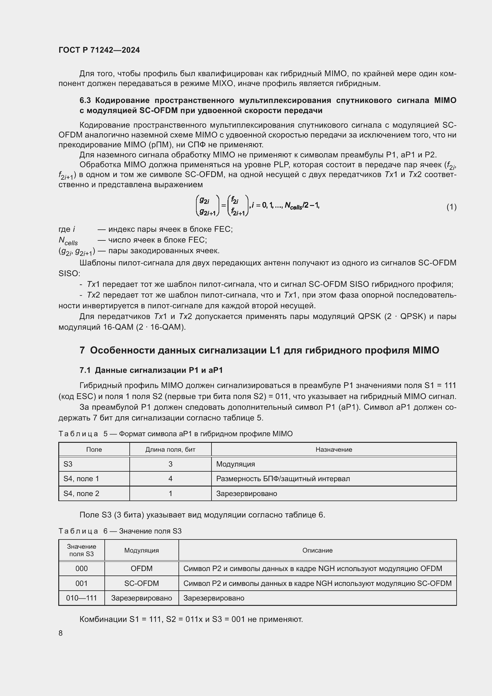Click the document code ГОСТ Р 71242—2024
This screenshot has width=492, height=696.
click(99, 50)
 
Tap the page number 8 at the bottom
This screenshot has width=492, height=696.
click(61, 633)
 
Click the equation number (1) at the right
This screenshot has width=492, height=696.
click(451, 207)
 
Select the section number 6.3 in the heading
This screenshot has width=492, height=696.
click(85, 100)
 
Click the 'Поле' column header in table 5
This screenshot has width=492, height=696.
click(94, 449)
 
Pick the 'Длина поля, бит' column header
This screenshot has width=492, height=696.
click(170, 449)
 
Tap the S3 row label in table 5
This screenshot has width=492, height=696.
click(68, 464)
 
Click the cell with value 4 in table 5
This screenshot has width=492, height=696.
click(170, 478)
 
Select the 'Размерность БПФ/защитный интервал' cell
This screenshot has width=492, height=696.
click(283, 478)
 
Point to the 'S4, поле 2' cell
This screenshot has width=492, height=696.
click(81, 493)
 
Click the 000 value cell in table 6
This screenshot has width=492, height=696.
click(82, 568)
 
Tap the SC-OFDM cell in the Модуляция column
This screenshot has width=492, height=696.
click(142, 583)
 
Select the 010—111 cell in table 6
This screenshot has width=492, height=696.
click(82, 598)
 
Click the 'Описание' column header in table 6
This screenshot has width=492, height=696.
click(317, 550)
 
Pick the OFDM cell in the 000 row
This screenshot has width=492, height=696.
click(142, 568)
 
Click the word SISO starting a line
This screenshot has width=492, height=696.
click(69, 273)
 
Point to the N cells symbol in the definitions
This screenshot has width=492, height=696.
click(68, 241)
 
